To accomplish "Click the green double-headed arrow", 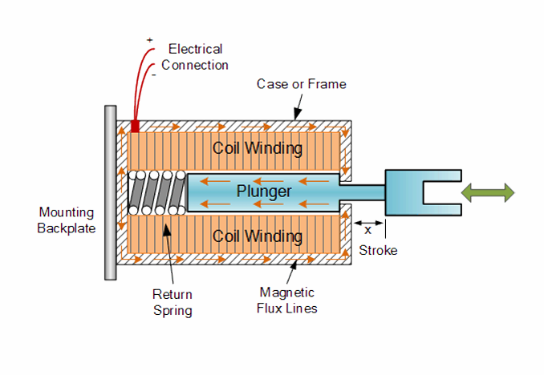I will [489, 192].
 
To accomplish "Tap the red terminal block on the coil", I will [135, 127].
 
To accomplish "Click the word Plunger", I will [263, 192].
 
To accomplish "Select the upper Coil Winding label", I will [257, 148].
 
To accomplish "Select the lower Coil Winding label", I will [257, 236].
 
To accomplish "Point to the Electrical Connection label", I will [195, 57].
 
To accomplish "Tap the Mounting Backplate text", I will [67, 220].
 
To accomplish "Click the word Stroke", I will [378, 250].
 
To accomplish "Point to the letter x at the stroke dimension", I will [368, 229].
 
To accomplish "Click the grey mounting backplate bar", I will [110, 192].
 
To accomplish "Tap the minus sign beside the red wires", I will [153, 74].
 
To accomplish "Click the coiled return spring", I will [156, 193].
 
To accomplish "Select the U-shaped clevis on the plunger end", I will [424, 192].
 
